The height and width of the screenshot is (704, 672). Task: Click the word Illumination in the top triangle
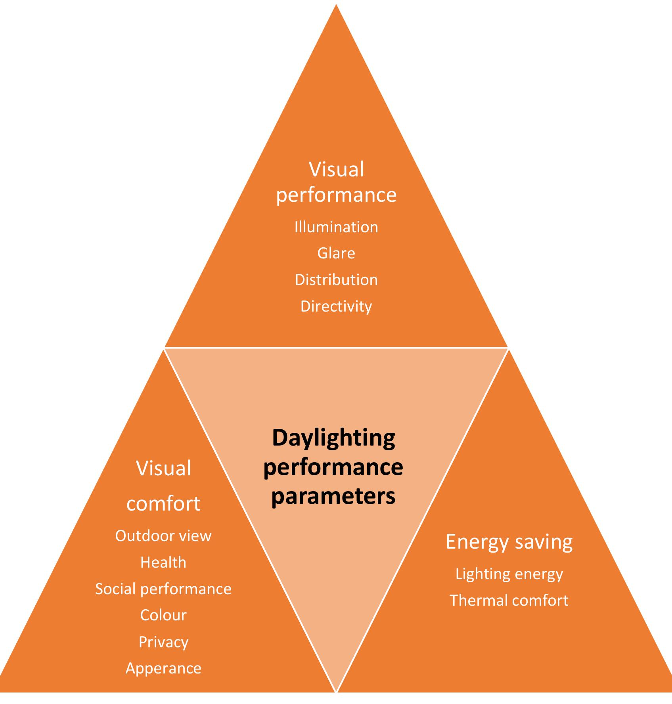click(x=336, y=227)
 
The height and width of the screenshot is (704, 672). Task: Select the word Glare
click(x=336, y=253)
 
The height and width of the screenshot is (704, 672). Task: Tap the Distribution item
click(x=336, y=280)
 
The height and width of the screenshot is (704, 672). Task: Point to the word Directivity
click(x=336, y=306)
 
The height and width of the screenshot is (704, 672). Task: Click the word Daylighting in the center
click(x=333, y=438)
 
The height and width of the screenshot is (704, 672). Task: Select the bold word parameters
click(x=333, y=495)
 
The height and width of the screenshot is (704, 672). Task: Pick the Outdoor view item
click(x=163, y=536)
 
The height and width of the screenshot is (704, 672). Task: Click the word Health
click(x=163, y=562)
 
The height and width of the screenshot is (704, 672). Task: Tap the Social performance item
click(x=163, y=589)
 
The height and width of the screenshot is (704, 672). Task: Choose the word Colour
click(x=163, y=615)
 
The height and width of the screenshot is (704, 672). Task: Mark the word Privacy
click(x=163, y=642)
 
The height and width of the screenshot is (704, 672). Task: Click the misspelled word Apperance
click(x=163, y=668)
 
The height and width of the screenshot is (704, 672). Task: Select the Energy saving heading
click(x=509, y=542)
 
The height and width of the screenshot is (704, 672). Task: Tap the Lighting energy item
click(x=509, y=574)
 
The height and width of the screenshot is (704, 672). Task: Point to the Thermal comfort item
click(x=509, y=601)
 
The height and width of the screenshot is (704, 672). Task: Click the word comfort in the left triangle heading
click(x=163, y=503)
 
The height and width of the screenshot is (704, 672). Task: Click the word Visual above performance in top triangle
click(x=336, y=170)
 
